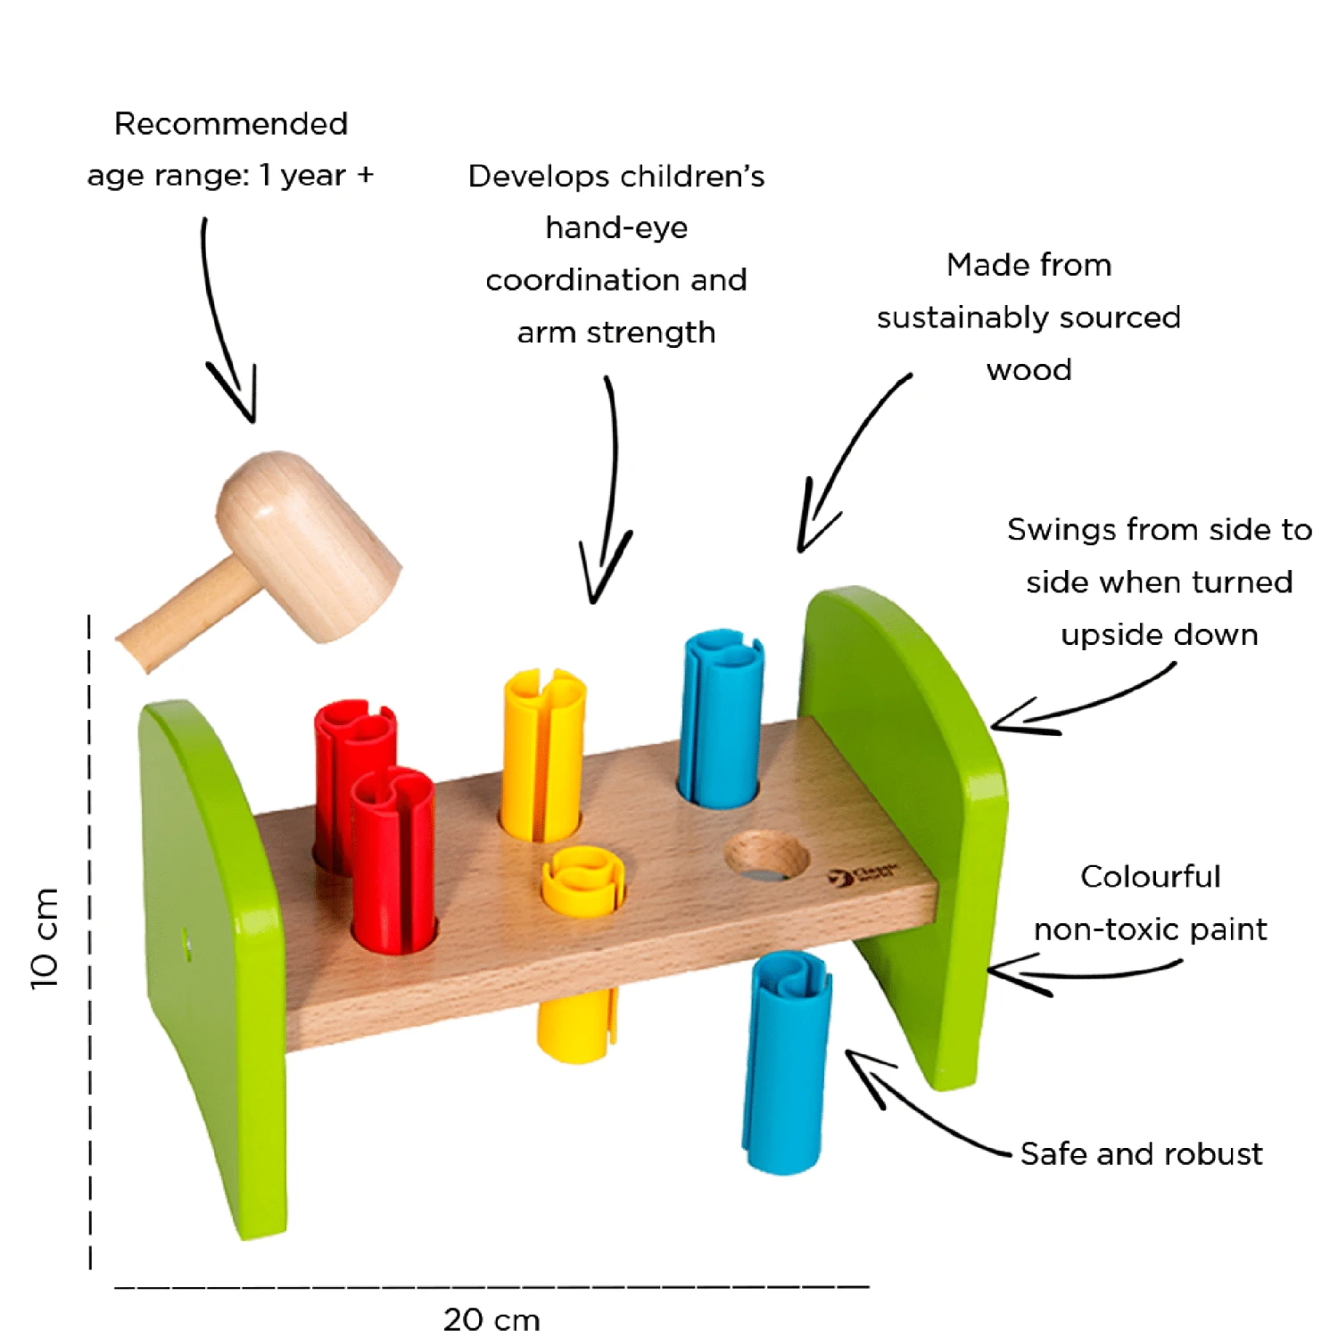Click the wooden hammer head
[308, 544]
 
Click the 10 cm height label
[45, 938]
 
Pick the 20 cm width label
[491, 1319]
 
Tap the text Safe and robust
[1141, 1153]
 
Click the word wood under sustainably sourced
[1028, 369]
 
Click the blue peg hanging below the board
[786, 1061]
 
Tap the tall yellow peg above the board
[542, 754]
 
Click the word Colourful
[1150, 876]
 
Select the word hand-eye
[616, 227]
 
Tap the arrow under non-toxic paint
[1070, 972]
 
